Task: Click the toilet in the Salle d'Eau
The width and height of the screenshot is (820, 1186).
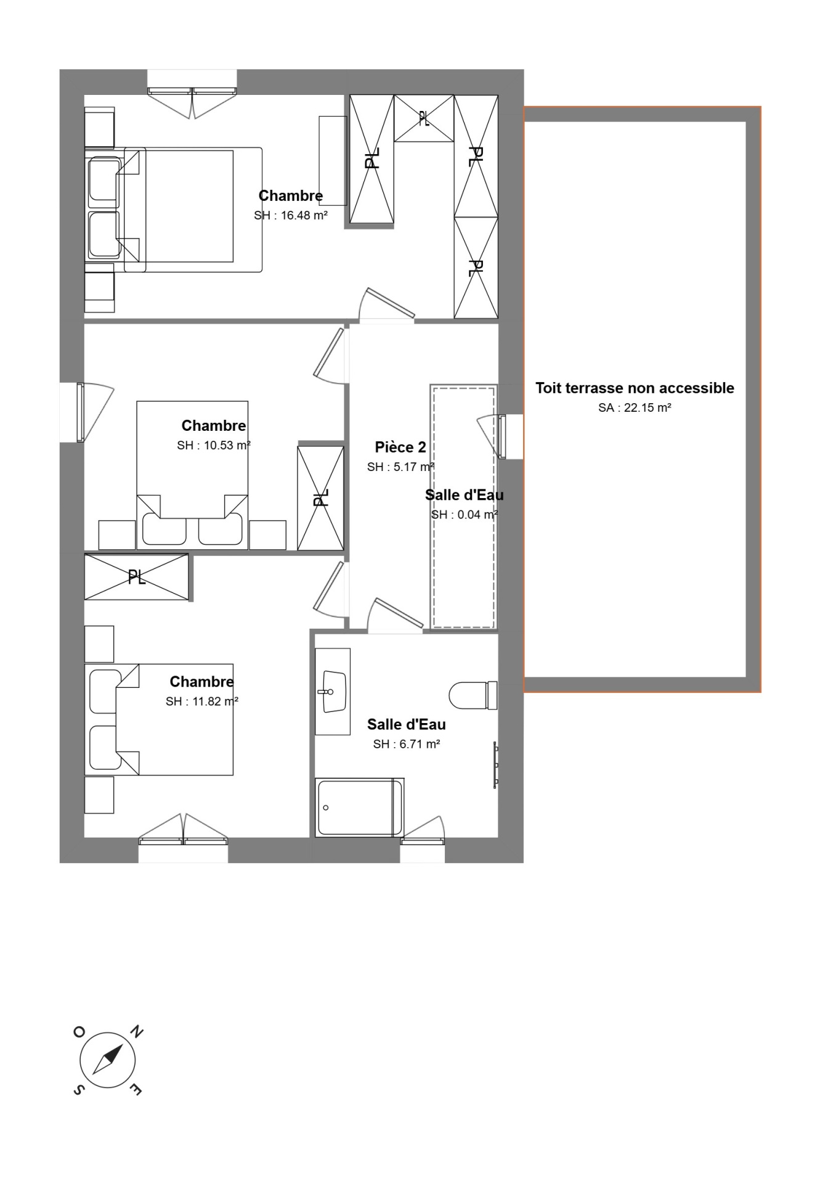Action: [473, 695]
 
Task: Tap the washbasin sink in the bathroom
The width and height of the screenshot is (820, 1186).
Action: [335, 691]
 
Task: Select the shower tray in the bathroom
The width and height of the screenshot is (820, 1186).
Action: [359, 808]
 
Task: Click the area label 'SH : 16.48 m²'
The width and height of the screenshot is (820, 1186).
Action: [291, 216]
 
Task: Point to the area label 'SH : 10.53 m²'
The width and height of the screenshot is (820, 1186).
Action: [214, 446]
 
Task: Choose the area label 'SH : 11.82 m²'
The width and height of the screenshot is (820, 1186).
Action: [202, 701]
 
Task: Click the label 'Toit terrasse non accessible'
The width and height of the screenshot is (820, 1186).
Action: [635, 388]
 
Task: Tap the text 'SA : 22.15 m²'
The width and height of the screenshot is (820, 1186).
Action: [635, 408]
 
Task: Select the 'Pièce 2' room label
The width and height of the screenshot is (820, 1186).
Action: [400, 447]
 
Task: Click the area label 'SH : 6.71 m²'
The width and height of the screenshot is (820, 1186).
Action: [407, 744]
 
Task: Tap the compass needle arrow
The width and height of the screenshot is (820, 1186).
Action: [108, 1061]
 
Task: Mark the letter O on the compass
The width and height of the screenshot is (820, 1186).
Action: [79, 1032]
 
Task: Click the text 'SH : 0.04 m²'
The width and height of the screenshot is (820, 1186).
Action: [465, 515]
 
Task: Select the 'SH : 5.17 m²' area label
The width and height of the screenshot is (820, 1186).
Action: [401, 467]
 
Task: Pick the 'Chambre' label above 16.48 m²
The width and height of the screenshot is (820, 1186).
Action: [291, 196]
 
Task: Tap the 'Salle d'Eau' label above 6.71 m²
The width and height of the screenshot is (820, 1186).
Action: [407, 725]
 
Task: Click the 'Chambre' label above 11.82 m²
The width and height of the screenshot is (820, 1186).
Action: [202, 682]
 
